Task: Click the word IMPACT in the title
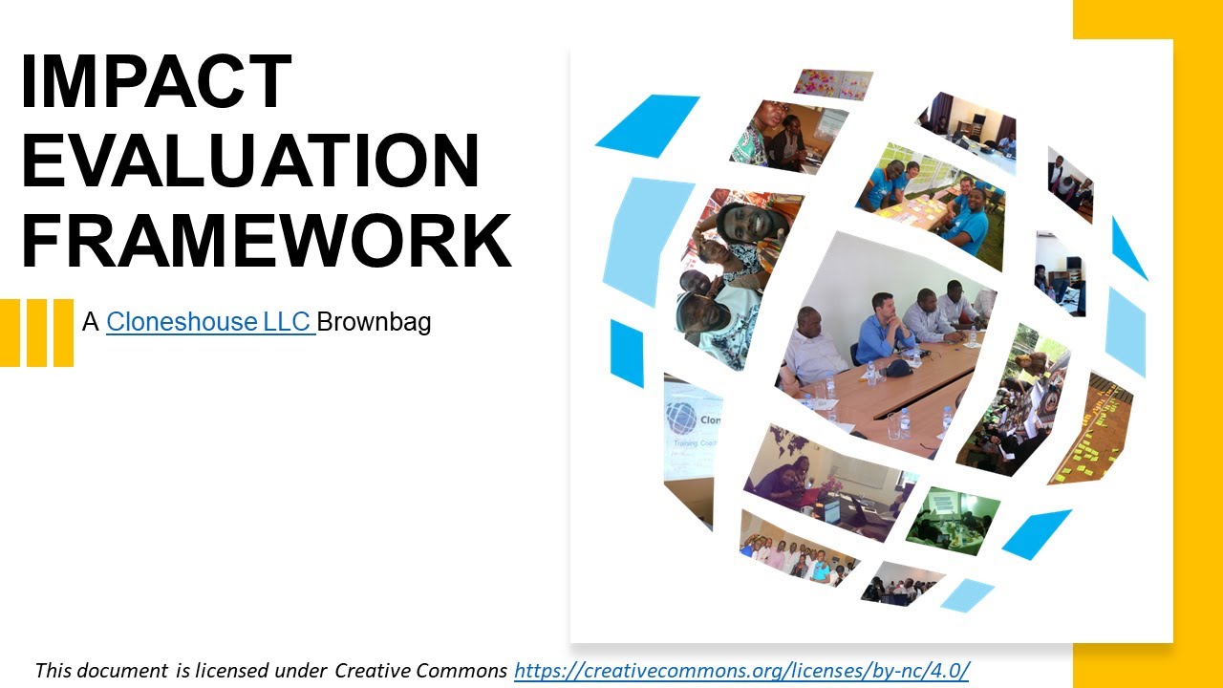click(x=156, y=82)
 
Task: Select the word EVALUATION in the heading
click(x=250, y=161)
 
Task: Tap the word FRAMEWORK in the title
click(x=266, y=241)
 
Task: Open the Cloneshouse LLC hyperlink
click(x=210, y=322)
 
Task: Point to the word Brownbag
click(x=374, y=322)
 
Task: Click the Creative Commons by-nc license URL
click(x=741, y=671)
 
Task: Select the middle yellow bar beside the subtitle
click(x=36, y=333)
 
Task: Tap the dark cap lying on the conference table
click(x=897, y=367)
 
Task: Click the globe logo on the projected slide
click(x=681, y=419)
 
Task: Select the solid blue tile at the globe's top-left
click(x=648, y=124)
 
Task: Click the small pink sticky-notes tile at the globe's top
click(x=832, y=84)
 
